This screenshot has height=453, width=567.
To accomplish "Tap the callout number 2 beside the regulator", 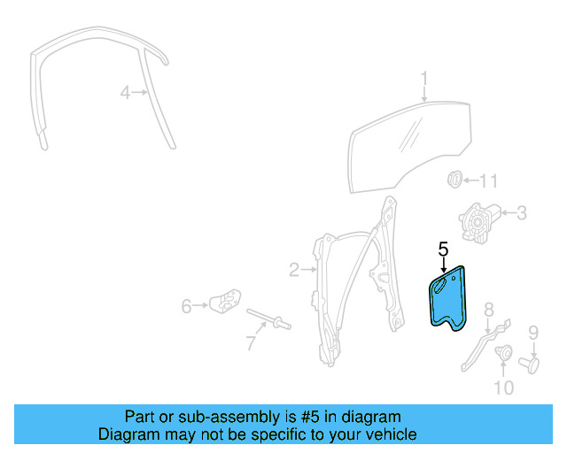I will (294, 268).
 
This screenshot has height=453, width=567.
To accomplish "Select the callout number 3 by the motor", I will (522, 212).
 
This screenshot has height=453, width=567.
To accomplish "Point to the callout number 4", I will (126, 91).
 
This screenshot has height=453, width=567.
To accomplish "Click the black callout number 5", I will (444, 250).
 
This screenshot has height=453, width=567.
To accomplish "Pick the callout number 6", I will (187, 306).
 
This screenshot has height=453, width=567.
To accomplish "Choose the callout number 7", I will (251, 342).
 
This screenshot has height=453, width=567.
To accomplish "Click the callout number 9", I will (533, 333).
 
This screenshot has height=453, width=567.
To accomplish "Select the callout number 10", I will (502, 387).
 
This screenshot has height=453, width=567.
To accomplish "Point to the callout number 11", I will (489, 181).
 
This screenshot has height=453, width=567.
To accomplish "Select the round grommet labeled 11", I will (454, 180).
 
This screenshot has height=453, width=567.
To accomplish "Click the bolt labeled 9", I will (532, 363).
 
